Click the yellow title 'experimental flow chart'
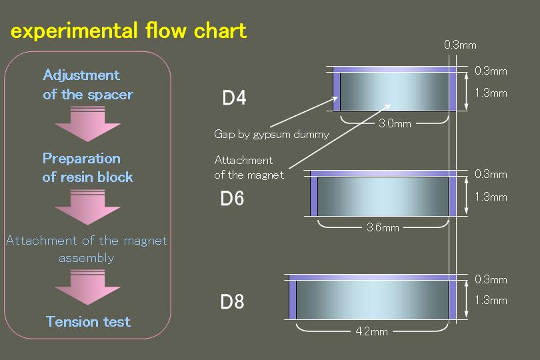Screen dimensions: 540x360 coord(129,30)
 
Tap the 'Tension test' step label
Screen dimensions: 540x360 coord(88,322)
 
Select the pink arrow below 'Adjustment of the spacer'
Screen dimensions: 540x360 coord(87,124)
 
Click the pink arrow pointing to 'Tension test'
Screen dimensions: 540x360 coord(87,287)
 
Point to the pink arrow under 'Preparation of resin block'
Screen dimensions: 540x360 coord(87,207)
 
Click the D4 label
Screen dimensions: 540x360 coord(234,97)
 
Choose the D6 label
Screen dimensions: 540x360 coord(232,199)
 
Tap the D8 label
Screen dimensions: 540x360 coord(232,302)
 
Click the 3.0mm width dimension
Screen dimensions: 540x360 coord(395,123)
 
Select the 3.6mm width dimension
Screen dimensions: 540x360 coord(383,227)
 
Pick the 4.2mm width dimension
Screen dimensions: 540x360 coord(371,331)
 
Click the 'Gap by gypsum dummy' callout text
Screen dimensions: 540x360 coord(271,134)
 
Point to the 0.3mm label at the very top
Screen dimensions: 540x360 coord(460,45)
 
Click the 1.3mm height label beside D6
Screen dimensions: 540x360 coord(491,197)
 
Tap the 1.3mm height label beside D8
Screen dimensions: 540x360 coord(491,300)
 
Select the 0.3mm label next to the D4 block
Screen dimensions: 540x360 coord(491,71)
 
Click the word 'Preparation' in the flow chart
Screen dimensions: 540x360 coord(81,159)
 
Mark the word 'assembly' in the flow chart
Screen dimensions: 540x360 coord(86,258)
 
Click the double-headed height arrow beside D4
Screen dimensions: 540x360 coord(466,91)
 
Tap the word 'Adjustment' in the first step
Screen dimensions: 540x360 coord(81,75)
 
